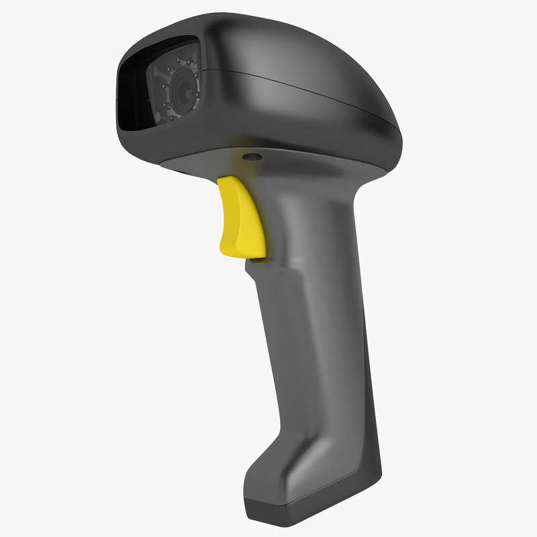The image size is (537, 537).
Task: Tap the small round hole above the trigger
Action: (252, 156)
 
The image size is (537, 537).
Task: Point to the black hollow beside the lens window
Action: (132, 94)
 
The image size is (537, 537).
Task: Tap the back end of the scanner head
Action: (393, 128)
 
